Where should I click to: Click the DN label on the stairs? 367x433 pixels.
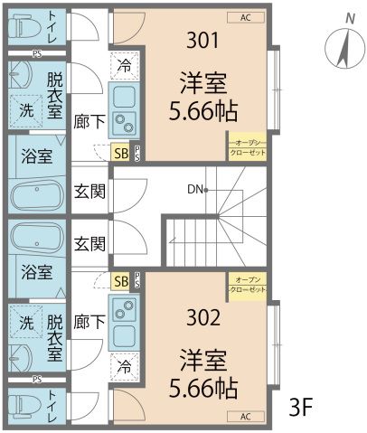[x=195, y=190]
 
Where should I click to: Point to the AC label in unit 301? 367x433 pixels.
[x=246, y=17]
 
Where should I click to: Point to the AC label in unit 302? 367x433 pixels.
[x=246, y=417]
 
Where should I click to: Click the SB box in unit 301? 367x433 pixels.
[x=120, y=153]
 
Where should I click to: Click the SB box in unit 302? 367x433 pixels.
[x=120, y=281]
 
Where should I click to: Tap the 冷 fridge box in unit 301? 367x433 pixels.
[x=124, y=65]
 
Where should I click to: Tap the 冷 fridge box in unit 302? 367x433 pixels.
[x=124, y=368]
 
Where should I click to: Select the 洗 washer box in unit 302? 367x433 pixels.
[x=26, y=323]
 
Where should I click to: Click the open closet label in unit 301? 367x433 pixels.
[x=247, y=148]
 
